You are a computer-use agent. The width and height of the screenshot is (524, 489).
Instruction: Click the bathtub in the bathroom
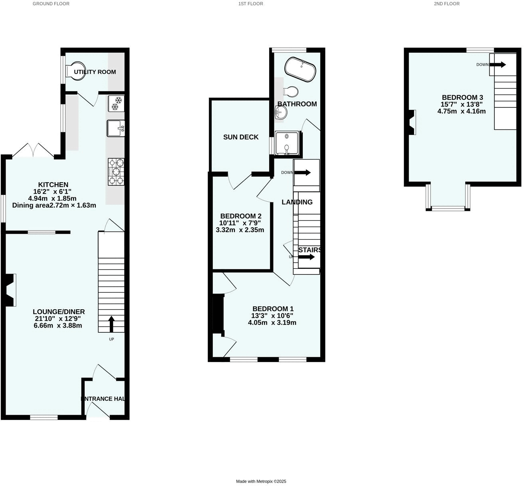pos(300,69)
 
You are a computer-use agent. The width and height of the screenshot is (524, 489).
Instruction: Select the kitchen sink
pos(116,128)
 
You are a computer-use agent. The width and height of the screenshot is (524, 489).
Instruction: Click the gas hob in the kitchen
pos(116,172)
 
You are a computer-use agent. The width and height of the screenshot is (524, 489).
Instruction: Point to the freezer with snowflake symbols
pos(116,103)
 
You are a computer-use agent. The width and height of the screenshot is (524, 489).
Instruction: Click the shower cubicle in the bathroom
pos(287,143)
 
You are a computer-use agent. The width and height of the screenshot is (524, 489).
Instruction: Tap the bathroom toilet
pos(291,92)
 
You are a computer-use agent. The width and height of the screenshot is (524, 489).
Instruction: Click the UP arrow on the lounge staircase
pos(111,324)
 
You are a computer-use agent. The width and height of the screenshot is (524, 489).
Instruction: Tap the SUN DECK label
pos(241,137)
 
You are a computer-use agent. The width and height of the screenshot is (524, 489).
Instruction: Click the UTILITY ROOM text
pos(95,72)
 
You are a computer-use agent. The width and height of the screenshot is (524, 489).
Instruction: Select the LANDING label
pos(297,202)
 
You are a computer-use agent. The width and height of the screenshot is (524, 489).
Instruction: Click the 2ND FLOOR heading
pos(447,4)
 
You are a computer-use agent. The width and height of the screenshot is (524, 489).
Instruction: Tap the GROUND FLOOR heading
pos(51,4)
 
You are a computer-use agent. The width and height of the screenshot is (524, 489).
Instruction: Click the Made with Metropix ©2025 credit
pos(261,481)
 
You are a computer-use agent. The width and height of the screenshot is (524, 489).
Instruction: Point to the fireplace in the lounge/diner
pos(11,290)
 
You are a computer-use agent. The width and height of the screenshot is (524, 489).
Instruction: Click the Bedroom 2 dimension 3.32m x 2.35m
pos(240,230)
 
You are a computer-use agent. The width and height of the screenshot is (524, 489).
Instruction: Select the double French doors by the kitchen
pos(33,150)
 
